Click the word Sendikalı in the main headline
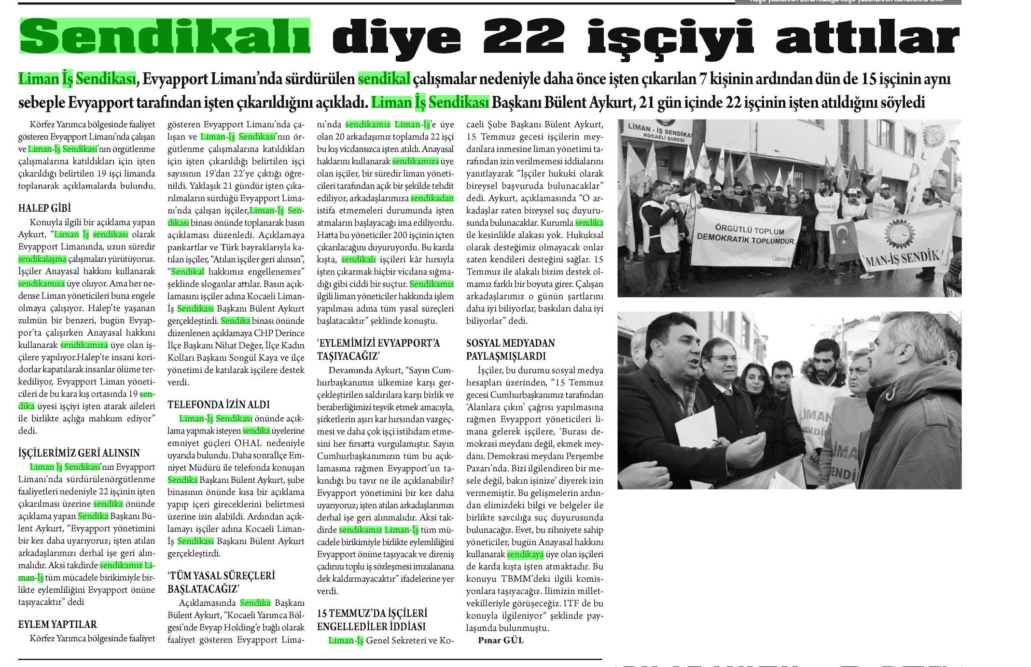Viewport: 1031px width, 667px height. tap(165, 36)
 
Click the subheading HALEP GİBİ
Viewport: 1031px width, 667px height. tap(44, 208)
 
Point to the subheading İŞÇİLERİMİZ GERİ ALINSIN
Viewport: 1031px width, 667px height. tap(79, 453)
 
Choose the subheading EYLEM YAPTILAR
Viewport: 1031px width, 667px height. tap(57, 625)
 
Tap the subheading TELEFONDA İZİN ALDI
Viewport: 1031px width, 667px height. tap(219, 404)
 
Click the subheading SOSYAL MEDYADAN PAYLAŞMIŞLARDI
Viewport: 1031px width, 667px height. tap(511, 350)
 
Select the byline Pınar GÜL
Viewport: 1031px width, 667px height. tap(501, 640)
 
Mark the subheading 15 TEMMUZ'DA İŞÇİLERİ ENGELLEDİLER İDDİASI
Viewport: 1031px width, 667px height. tap(372, 620)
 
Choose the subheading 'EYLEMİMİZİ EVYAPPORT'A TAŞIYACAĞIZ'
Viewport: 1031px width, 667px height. tap(378, 350)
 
